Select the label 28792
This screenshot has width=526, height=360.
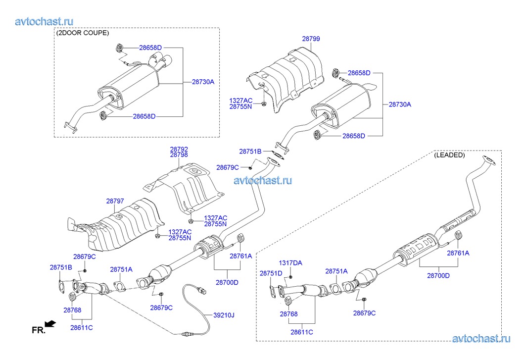[179, 149]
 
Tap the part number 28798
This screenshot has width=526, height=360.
[179, 155]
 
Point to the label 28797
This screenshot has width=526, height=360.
[115, 202]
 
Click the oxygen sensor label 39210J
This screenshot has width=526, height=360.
[224, 315]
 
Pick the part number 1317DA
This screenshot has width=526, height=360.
[290, 263]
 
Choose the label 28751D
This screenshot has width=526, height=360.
[271, 273]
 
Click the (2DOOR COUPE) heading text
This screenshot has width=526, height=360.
[83, 33]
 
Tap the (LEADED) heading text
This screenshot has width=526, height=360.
[449, 155]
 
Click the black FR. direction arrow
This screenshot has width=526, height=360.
[50, 324]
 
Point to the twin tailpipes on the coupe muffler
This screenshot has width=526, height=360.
[163, 63]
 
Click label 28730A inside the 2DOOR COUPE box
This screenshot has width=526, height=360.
[203, 82]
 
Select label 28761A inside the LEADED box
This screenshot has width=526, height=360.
[458, 253]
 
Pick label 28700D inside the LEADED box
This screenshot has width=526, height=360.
[437, 275]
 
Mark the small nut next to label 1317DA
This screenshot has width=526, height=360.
[291, 276]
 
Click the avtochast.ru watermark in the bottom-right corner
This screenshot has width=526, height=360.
[481, 338]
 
